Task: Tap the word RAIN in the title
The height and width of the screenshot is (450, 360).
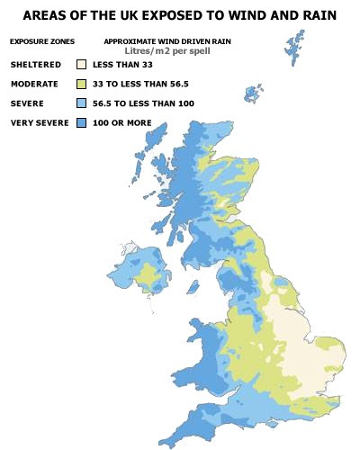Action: click(x=318, y=16)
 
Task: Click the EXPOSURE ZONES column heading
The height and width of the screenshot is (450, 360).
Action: click(x=42, y=42)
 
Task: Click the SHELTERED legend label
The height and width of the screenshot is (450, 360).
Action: click(x=36, y=66)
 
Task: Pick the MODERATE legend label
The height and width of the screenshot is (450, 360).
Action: click(x=35, y=84)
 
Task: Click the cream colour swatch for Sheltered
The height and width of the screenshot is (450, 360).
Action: click(x=81, y=66)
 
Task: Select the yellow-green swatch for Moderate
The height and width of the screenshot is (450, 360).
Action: click(x=81, y=84)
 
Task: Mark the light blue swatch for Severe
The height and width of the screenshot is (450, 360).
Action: click(x=81, y=103)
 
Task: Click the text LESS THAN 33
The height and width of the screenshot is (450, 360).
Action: click(x=122, y=66)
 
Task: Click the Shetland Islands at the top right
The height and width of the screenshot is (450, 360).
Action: click(x=294, y=49)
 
